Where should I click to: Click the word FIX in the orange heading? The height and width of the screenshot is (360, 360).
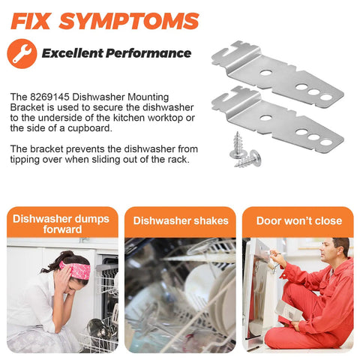click(31, 21)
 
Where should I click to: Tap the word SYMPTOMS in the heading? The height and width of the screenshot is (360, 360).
click(129, 21)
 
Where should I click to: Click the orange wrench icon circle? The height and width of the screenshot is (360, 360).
click(22, 53)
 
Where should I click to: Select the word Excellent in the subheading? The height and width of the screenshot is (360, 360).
click(73, 53)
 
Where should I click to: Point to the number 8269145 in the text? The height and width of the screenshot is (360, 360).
click(49, 97)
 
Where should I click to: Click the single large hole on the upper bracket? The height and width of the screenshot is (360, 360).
click(265, 73)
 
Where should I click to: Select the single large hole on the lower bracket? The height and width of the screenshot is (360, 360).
click(265, 117)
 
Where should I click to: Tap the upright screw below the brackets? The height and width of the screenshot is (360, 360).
click(238, 145)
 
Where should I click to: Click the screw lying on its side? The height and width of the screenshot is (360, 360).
click(249, 160)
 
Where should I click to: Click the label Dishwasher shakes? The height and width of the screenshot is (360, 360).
click(181, 220)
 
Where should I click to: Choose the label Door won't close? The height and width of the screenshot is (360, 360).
click(299, 220)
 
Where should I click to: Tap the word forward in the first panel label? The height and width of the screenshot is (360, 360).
click(62, 229)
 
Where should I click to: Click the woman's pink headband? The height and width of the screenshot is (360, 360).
click(76, 269)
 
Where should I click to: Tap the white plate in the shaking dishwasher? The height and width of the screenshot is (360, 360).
click(201, 280)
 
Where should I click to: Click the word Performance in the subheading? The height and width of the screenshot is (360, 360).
click(148, 53)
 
